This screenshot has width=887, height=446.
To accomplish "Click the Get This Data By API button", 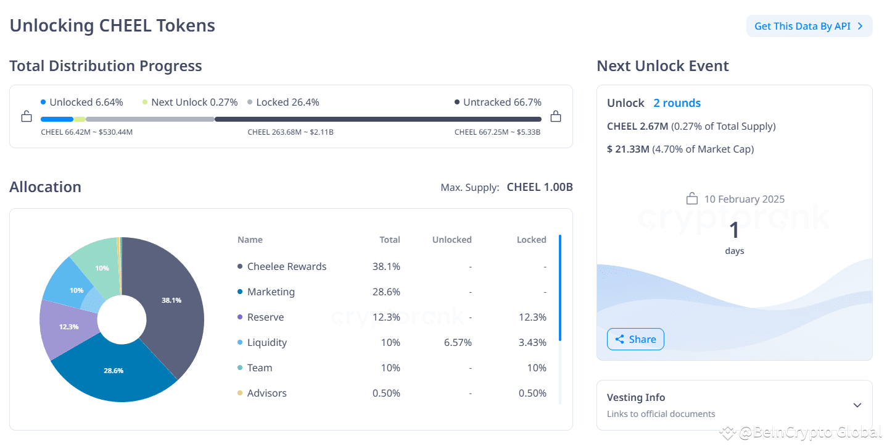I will (809, 26).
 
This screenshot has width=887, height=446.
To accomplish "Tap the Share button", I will (635, 339).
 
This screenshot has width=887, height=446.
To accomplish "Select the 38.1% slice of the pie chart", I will (172, 300).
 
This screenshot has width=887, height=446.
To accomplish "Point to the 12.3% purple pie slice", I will (68, 326).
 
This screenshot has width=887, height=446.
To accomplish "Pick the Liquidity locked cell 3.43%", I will (532, 342).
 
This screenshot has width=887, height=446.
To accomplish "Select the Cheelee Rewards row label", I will (287, 266).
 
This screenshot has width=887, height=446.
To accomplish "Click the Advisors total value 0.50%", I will (386, 393).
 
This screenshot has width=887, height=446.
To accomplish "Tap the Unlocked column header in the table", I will (452, 240).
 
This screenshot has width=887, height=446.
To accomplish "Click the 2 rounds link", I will (677, 103).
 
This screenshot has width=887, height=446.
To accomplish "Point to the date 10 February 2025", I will (744, 199).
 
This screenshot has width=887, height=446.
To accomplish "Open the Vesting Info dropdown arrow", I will (857, 405).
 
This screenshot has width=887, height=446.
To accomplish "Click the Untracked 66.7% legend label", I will (502, 102).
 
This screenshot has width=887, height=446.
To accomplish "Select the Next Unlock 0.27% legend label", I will (194, 102).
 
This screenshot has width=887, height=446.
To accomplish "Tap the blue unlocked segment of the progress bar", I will (57, 119).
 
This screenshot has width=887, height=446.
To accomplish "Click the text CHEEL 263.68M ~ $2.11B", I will (291, 132).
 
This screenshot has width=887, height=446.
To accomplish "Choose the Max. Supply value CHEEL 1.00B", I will (540, 187).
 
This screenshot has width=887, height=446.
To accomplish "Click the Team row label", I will (260, 368).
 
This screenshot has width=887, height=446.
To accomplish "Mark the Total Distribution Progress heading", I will (105, 65).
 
